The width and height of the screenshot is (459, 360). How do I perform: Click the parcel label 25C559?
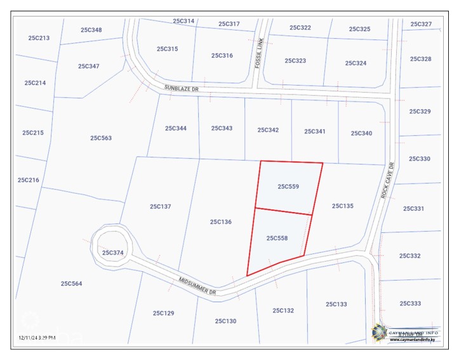(288, 187)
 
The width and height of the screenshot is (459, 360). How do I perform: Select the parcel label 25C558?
(277, 238)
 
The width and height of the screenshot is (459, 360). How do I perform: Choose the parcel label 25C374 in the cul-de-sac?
(112, 253)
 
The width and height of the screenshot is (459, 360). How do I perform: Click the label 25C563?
(101, 137)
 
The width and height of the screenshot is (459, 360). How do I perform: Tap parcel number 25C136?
(221, 222)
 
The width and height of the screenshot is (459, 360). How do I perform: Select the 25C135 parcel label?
(343, 206)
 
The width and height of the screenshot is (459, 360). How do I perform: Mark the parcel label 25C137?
(161, 206)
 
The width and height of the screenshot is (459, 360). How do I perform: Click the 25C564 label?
(72, 283)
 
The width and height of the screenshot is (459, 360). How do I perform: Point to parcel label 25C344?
(176, 128)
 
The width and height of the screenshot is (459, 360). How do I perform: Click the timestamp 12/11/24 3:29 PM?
(37, 337)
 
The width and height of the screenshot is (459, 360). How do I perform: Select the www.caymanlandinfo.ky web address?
(412, 340)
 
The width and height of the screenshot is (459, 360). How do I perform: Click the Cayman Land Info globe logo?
(380, 331)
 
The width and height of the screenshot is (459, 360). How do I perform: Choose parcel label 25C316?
(222, 55)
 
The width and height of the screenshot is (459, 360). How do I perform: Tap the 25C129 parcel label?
(164, 313)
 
